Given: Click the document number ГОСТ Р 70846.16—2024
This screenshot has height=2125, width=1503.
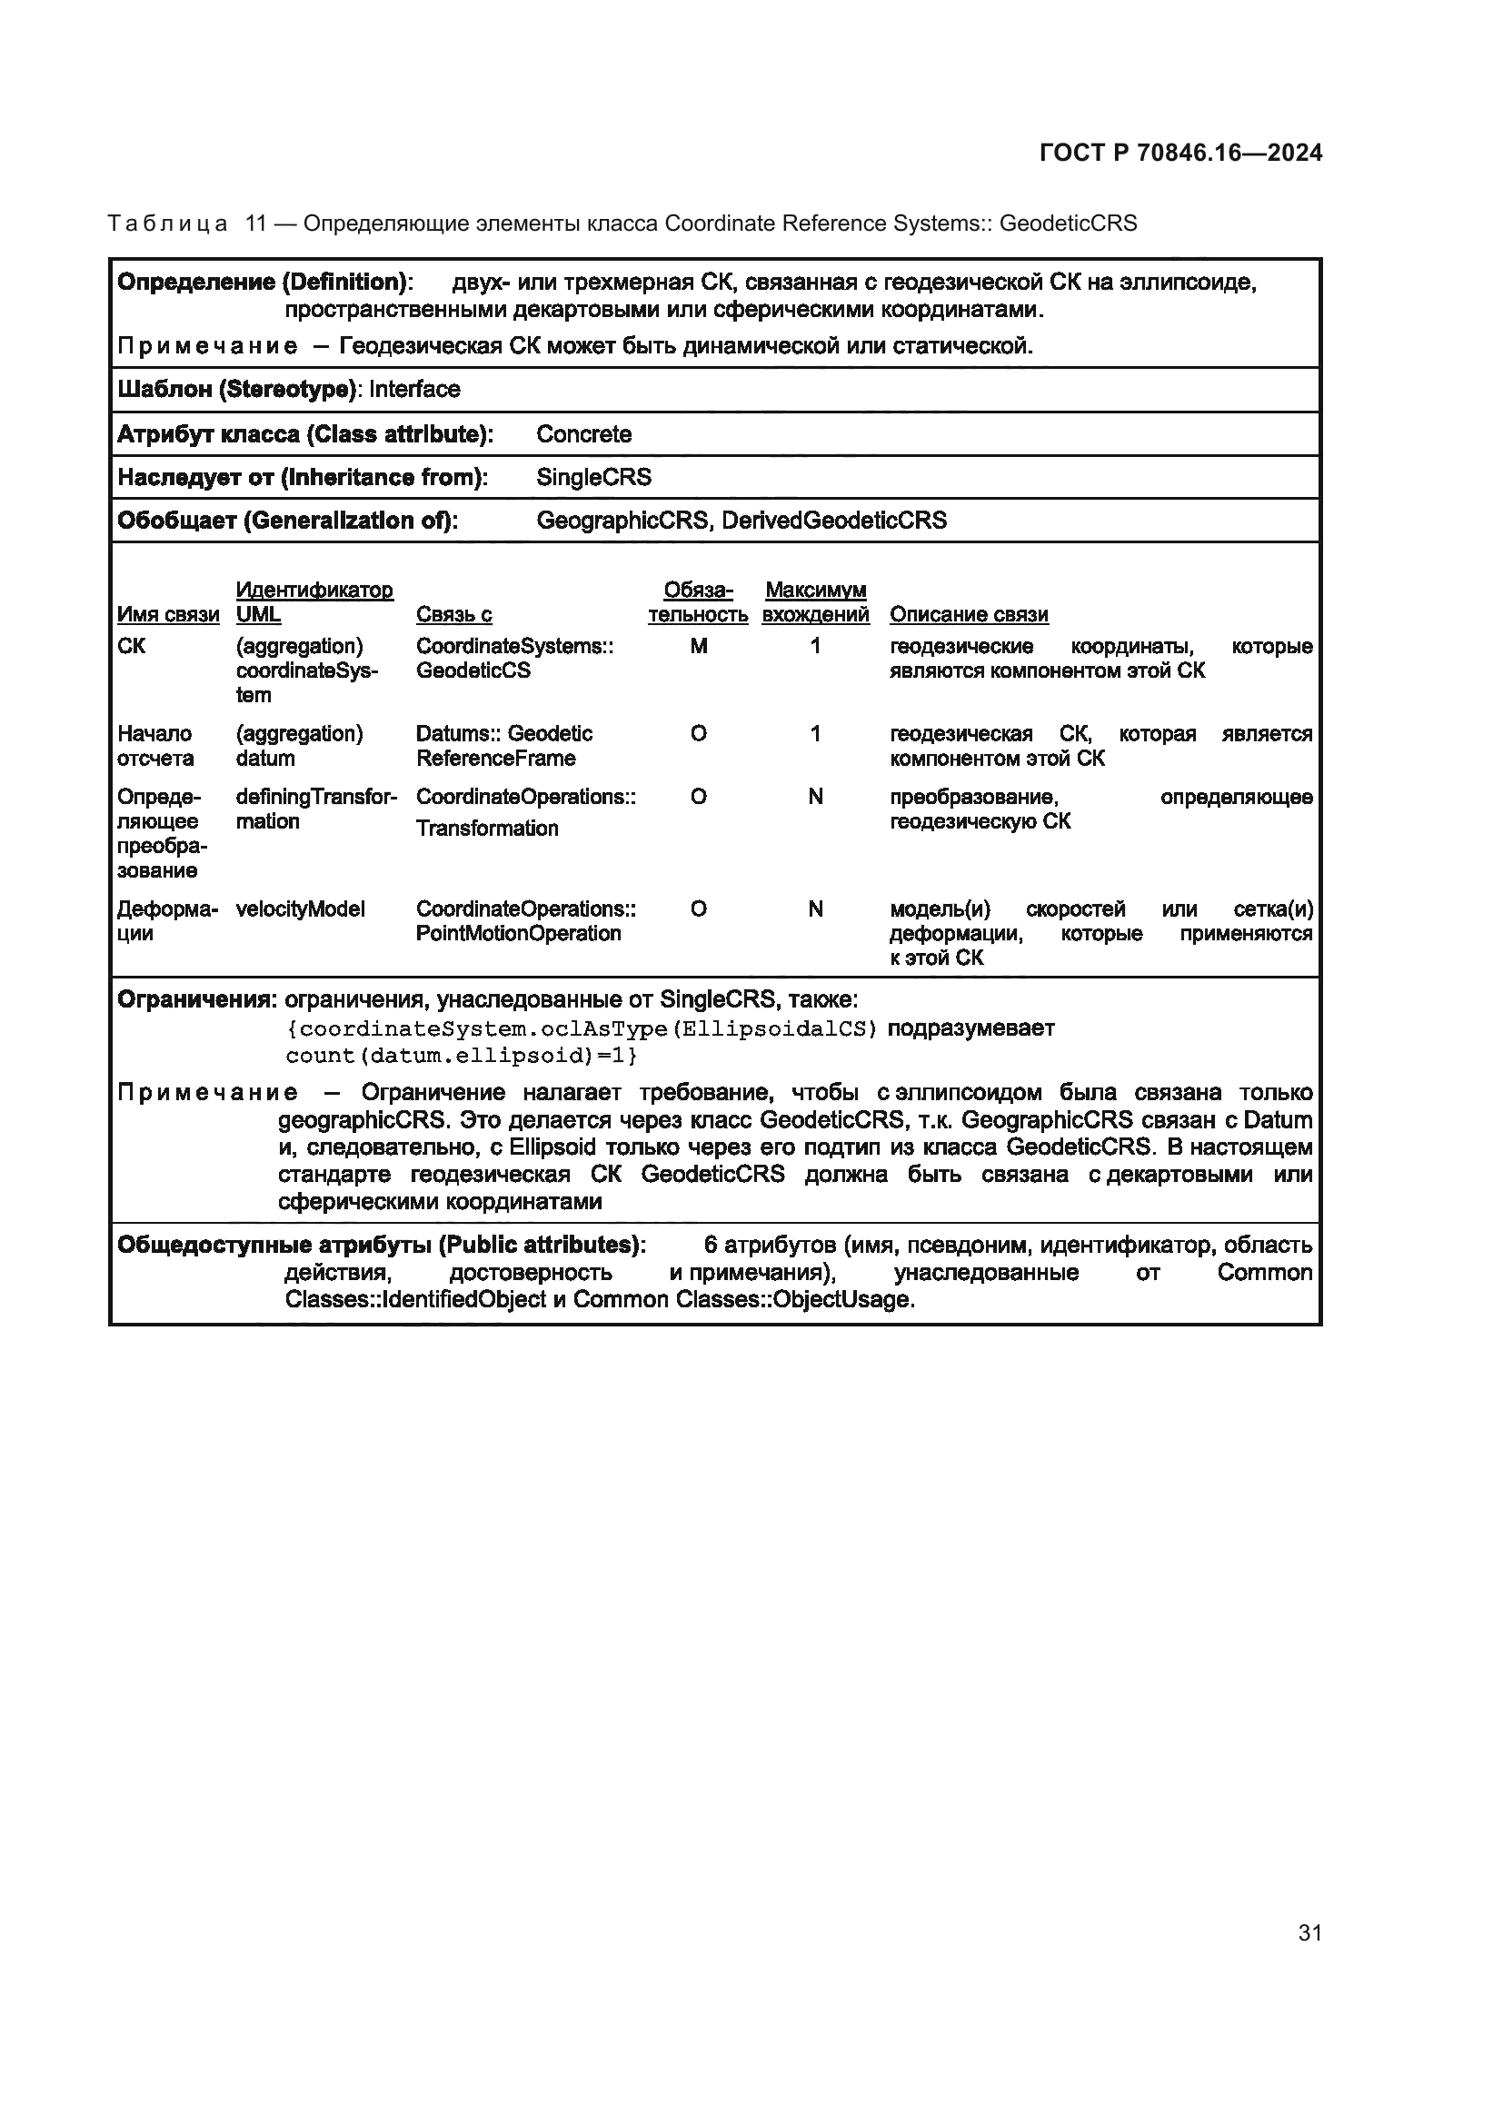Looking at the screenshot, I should coord(1181,154).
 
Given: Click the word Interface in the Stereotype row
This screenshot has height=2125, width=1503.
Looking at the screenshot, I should coord(413,390).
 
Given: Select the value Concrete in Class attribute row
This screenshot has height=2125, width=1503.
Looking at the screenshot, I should coord(583,434).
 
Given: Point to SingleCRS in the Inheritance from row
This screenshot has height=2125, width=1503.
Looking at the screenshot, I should coord(593,478).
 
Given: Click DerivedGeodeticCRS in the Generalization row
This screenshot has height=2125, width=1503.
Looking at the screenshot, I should coord(834,521).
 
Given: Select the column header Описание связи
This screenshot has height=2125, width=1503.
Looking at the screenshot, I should coord(968,614).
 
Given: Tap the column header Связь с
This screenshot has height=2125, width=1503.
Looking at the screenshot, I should coord(453,614).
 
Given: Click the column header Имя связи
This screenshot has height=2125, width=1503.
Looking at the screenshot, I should coord(168,614).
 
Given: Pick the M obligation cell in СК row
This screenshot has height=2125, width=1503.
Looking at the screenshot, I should coord(698,647).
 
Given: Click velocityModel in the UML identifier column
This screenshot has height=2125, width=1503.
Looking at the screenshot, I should coord(300,909).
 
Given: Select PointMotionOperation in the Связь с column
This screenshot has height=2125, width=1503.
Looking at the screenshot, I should coord(517,934).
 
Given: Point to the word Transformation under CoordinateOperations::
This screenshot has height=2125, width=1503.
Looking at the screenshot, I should coord(487,829).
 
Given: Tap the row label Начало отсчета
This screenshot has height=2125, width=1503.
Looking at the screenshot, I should coord(155,746).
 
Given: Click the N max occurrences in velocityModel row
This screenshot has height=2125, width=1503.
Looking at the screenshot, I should coord(814,909).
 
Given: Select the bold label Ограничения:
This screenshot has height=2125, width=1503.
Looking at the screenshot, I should coord(196,999).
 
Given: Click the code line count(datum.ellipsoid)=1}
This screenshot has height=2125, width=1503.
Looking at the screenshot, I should coord(461,1056).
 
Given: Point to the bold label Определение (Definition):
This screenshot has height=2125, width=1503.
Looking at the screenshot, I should coord(264,283).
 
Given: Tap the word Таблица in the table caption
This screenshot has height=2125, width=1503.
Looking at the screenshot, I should coord(167,224).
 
